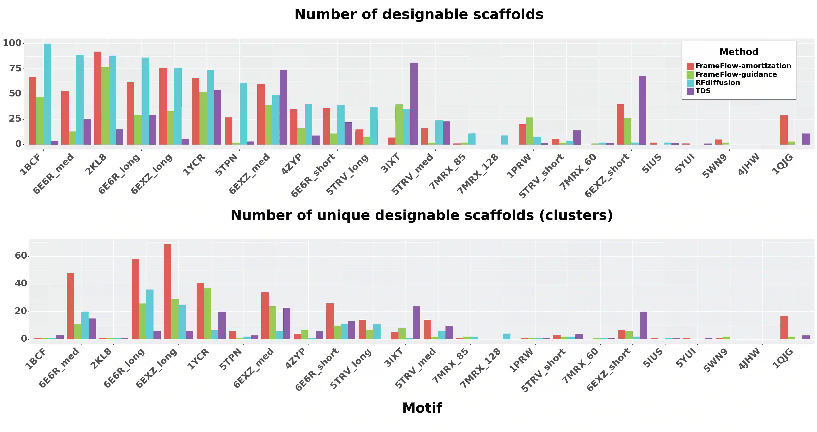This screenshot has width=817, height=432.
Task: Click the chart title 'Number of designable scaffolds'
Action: pos(419,15)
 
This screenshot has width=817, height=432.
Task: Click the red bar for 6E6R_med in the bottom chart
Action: pos(70,306)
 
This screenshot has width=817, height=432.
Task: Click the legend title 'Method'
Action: pos(739,52)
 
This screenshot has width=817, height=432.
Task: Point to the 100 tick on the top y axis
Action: pos(12,43)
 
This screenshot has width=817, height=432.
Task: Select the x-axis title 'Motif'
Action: pos(422,408)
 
